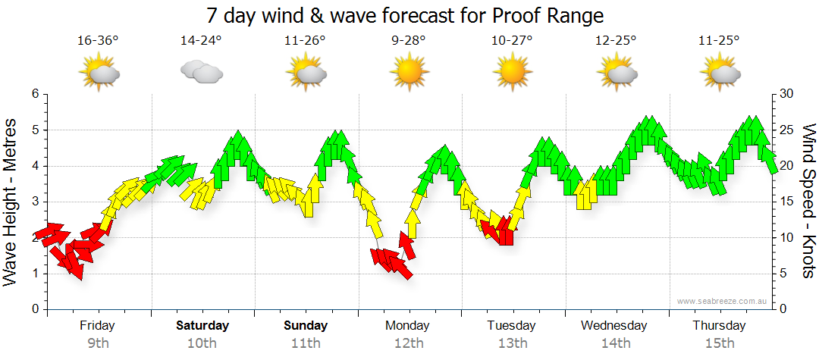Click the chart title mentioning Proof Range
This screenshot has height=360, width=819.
pos(405,15)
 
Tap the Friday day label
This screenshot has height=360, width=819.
pos(97,326)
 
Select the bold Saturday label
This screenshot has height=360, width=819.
pos(202,326)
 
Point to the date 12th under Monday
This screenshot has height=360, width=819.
pos(409,343)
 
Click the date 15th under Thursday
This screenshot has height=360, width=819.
pos(720,343)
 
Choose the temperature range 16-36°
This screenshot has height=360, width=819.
pos(98,40)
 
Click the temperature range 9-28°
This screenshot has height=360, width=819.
pos(409,40)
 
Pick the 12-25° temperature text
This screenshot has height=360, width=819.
pos(615,40)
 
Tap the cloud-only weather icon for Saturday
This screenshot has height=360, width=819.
pos(201,72)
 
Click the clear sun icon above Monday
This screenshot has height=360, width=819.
pos(409,72)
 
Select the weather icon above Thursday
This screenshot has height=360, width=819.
pos(720,73)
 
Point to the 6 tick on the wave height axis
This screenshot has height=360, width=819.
pos(34,94)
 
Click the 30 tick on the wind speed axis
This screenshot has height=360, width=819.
pos(786,94)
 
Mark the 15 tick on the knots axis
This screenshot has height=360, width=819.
pos(786,202)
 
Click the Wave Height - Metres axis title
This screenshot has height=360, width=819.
pos(11,202)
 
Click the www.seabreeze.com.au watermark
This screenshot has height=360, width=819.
pos(723,301)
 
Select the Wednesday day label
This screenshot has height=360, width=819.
pos(614,326)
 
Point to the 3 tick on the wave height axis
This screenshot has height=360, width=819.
pos(34,202)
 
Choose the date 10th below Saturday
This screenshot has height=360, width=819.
pos(201,343)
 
